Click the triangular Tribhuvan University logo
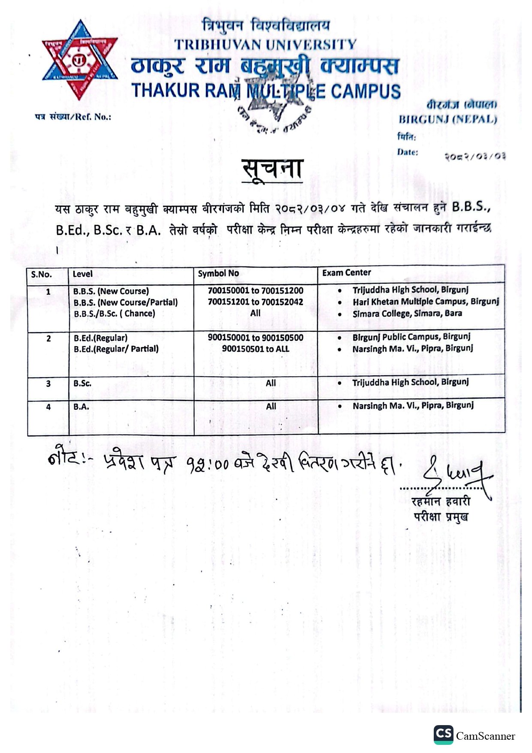pos(80,60)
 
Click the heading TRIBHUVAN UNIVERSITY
pos(265,44)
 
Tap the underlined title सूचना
pos(272,169)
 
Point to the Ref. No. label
pos(73,117)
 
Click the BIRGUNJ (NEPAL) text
pos(447,119)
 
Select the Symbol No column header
pos(218,273)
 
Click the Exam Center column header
pos(347,272)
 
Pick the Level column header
pos(82,274)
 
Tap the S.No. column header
pos(41,274)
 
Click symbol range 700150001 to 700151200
pos(255,290)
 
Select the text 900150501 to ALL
pos(255,349)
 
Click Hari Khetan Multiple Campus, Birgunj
pos(426,302)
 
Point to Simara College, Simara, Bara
pos(407,314)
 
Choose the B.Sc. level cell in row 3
pos(82,383)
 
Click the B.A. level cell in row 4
pos(82,406)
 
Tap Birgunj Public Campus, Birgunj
pos(411,337)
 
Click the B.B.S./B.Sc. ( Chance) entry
pos(115,314)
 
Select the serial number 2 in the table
pos(48,339)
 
